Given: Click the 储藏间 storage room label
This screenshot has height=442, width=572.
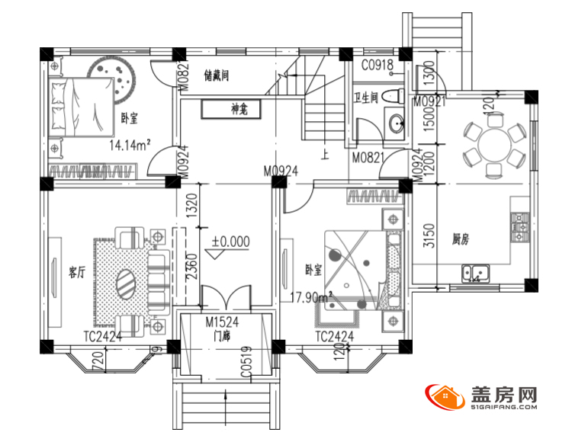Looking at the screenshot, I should tap(217, 75).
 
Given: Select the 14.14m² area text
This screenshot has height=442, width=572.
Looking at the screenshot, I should tap(130, 143).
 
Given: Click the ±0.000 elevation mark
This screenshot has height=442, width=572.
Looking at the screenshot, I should tap(230, 241).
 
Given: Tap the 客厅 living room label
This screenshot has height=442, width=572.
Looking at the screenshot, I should tap(76, 272).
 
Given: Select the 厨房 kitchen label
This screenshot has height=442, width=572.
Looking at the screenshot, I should tap(460, 239).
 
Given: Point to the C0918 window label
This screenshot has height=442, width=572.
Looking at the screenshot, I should tap(377, 66).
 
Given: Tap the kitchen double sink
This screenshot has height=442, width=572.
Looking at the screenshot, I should tap(475, 271).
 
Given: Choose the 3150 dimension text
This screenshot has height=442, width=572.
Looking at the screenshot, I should tap(429, 235).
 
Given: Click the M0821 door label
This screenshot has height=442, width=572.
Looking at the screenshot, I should tap(368, 158).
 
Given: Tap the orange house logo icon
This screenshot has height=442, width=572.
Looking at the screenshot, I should tap(447, 399).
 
